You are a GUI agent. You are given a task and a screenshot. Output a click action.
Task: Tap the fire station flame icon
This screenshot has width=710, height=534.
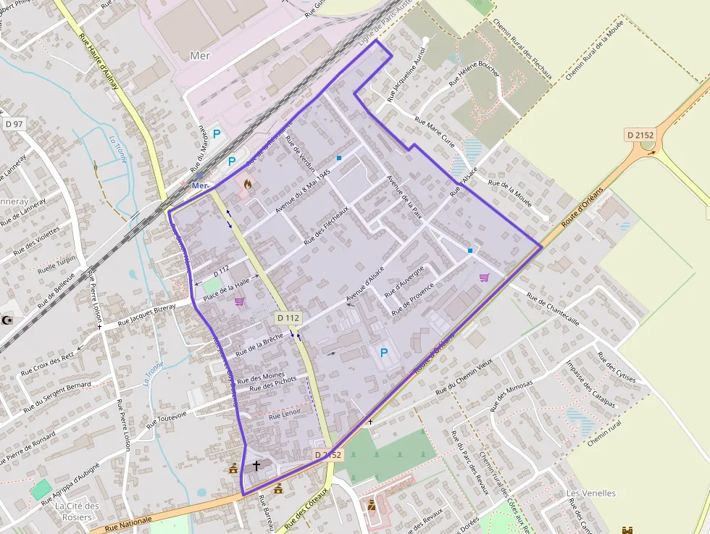point(247,185)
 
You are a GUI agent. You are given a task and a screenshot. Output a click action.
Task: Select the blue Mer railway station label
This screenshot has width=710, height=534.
point(200,185)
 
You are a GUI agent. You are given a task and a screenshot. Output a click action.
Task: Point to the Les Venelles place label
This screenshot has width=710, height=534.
point(590,493)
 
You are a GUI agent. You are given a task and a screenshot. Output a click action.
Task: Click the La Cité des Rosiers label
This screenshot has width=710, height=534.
point(77,510)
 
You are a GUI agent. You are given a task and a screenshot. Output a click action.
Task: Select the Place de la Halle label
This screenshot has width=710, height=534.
point(226,289)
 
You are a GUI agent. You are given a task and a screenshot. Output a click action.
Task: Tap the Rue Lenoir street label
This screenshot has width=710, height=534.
point(284,416)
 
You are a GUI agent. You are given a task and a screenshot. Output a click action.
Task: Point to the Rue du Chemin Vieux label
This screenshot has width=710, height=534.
point(464,376)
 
